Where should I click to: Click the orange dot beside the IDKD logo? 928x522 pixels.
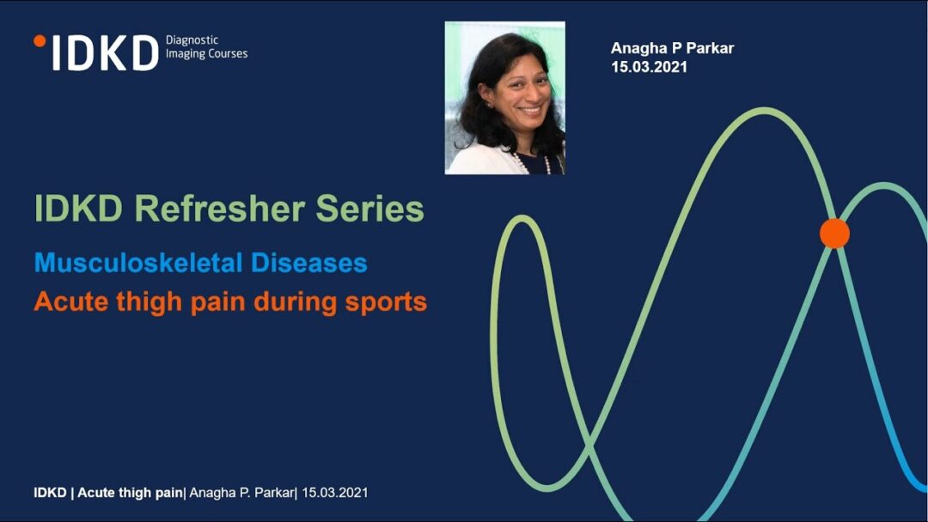click(40, 41)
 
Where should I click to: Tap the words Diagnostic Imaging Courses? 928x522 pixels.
click(206, 46)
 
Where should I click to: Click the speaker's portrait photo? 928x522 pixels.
click(505, 98)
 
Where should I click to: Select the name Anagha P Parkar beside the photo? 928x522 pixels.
click(672, 48)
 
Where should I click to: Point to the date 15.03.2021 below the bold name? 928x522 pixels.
click(650, 67)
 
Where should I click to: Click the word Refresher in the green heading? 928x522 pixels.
click(220, 209)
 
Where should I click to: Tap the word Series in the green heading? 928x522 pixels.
click(369, 209)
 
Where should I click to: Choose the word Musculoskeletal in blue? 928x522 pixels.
click(138, 263)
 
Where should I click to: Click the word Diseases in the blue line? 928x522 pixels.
click(309, 263)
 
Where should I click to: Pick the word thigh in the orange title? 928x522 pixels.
click(150, 302)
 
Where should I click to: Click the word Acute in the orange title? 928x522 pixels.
click(71, 301)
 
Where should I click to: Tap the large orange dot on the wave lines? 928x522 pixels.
click(834, 233)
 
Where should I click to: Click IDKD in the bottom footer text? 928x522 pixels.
click(51, 493)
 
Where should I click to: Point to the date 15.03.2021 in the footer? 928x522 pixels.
click(334, 493)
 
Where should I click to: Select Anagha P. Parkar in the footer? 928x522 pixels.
click(241, 493)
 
